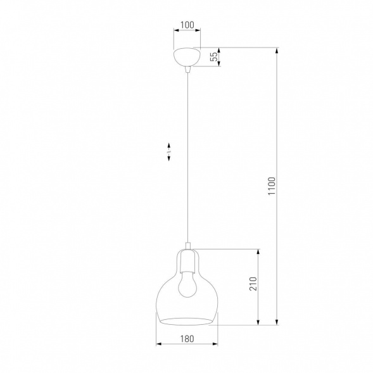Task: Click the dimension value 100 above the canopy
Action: point(186,26)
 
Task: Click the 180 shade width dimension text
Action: point(186,338)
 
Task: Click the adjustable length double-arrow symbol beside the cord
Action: point(169,153)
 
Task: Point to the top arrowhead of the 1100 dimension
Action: point(277,49)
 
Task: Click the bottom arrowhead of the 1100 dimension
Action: point(277,323)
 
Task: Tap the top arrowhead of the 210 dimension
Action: point(259,251)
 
